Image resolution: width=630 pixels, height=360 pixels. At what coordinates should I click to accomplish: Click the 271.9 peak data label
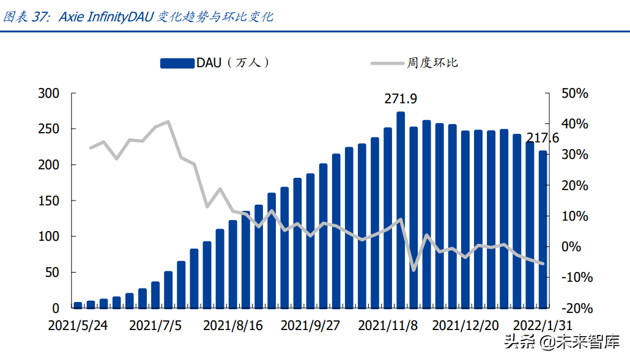click(401, 99)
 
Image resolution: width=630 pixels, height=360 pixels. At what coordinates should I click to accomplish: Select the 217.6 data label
click(542, 138)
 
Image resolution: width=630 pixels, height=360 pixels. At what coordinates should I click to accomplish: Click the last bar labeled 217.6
click(543, 229)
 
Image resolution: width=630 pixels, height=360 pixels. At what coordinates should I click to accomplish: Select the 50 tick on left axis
click(51, 272)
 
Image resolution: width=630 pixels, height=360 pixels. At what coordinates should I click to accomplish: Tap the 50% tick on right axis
click(574, 94)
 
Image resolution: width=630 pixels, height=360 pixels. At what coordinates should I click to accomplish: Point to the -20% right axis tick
click(574, 308)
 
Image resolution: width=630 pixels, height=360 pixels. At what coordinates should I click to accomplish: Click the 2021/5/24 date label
click(78, 325)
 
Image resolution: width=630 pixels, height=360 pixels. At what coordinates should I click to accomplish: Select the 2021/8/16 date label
click(232, 325)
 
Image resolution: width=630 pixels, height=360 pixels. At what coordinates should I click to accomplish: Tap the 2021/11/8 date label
click(388, 325)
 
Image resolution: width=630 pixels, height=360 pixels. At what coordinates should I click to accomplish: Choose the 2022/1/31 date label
click(543, 325)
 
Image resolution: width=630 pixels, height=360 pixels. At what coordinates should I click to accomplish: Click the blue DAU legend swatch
click(177, 63)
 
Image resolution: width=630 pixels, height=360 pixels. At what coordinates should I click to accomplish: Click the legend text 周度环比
click(432, 63)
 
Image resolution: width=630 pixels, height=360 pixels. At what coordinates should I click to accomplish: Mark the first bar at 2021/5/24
click(78, 304)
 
